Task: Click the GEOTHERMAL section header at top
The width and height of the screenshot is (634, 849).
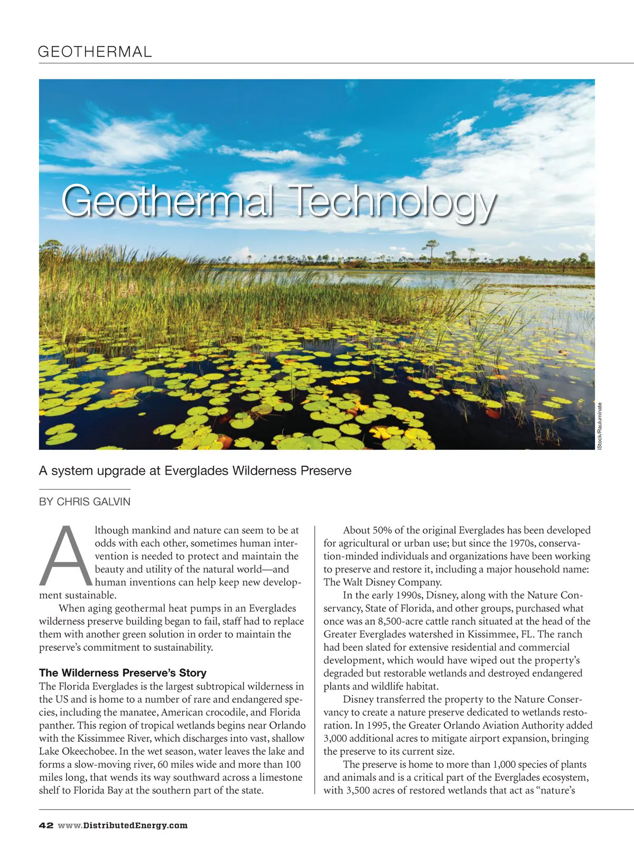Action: pyautogui.click(x=95, y=52)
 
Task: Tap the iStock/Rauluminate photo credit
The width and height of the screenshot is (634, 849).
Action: pyautogui.click(x=600, y=426)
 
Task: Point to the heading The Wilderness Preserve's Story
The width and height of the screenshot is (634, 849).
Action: pyautogui.click(x=123, y=673)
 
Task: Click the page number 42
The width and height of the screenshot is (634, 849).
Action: pyautogui.click(x=46, y=826)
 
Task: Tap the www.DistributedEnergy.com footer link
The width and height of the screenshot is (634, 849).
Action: pyautogui.click(x=123, y=826)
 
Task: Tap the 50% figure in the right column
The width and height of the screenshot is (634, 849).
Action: pyautogui.click(x=382, y=530)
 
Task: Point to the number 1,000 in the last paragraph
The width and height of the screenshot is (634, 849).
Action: pyautogui.click(x=504, y=764)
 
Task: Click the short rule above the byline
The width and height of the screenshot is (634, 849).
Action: pyautogui.click(x=85, y=490)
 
